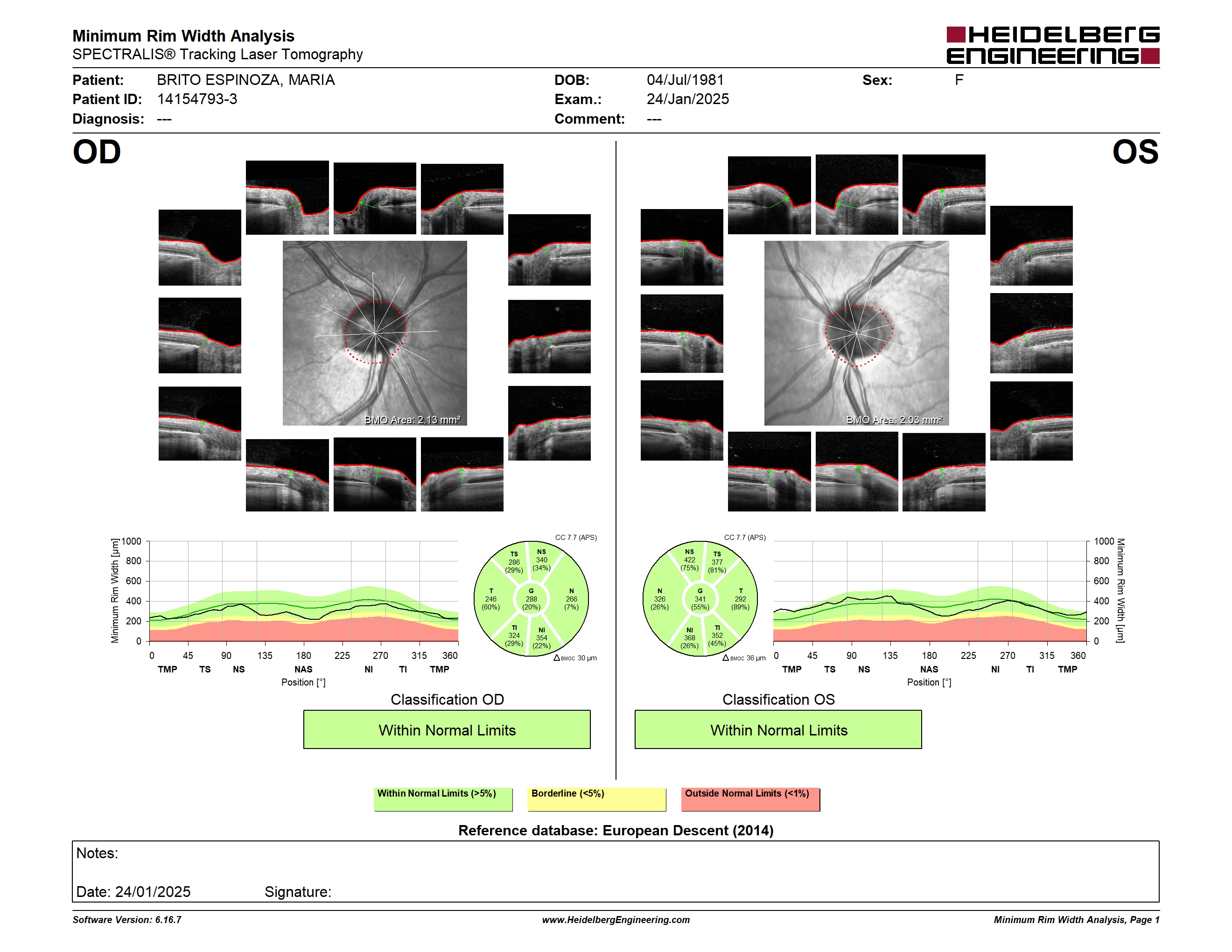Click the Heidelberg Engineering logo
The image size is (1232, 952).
(x=1053, y=45)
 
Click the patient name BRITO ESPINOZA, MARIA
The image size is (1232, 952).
(x=246, y=80)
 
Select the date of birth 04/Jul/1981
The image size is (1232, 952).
(x=685, y=80)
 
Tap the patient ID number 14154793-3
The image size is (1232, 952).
(x=197, y=99)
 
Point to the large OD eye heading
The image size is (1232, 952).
(x=97, y=152)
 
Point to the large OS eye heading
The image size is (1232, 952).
(x=1135, y=152)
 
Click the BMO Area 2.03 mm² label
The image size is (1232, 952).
(x=894, y=420)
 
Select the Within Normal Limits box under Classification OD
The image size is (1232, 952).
(x=447, y=729)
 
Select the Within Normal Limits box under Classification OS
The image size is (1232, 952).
(x=778, y=729)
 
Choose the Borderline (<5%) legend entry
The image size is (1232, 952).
(x=597, y=799)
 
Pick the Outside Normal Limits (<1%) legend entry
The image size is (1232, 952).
(x=750, y=799)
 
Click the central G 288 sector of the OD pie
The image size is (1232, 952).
(x=531, y=599)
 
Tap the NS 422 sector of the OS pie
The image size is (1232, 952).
(x=689, y=560)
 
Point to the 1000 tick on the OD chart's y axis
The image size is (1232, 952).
(x=131, y=541)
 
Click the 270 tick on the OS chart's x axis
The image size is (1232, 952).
(x=1008, y=655)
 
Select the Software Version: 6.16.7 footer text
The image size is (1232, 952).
(x=127, y=920)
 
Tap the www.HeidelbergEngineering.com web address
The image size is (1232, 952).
(x=616, y=920)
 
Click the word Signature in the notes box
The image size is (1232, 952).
(x=297, y=892)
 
